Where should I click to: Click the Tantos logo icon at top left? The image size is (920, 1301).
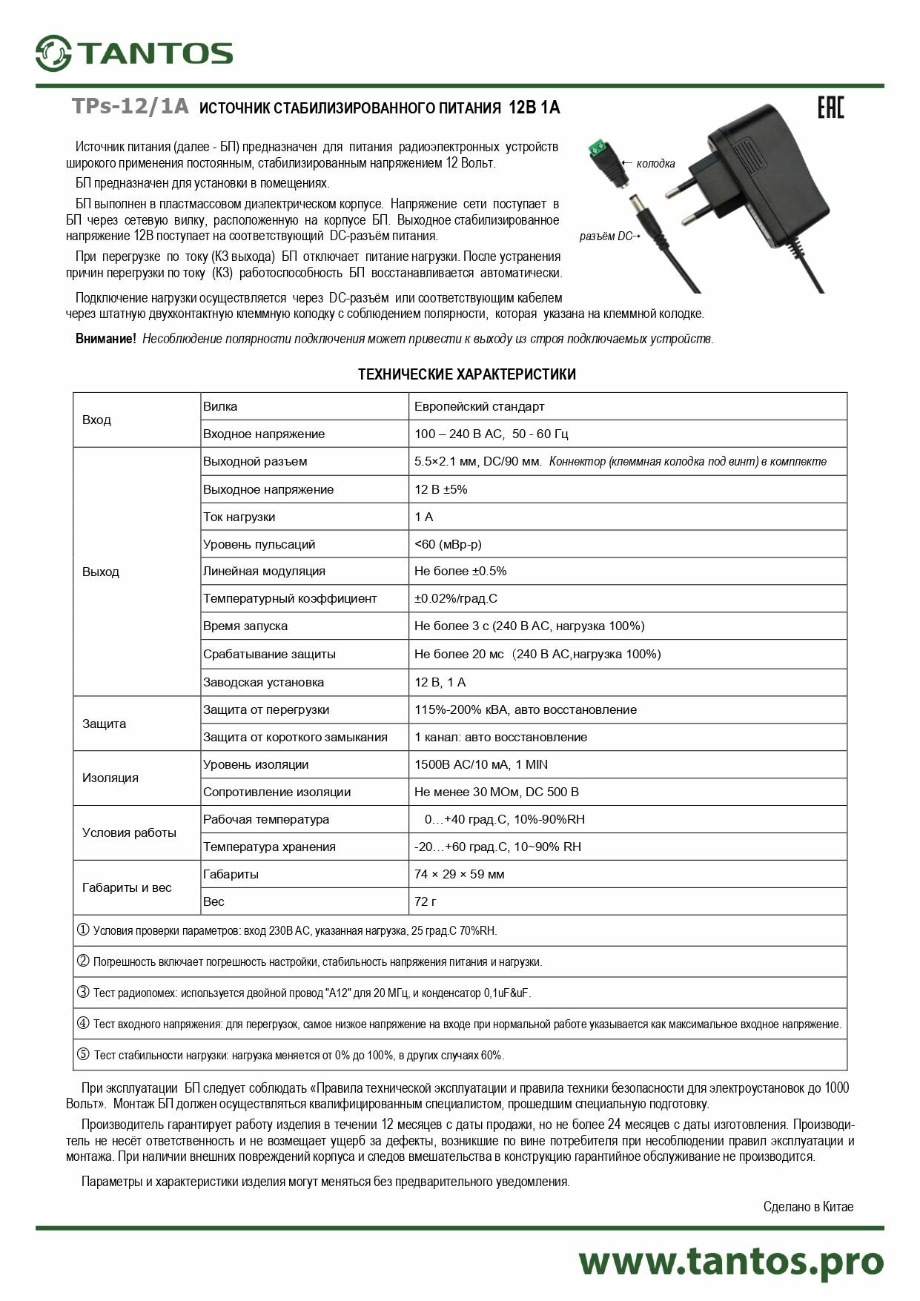coord(53,53)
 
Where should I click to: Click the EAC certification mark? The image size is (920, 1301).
coord(830,107)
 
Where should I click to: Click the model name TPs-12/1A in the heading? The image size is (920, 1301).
coord(130,107)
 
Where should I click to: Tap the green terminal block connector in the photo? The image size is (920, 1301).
coord(603,150)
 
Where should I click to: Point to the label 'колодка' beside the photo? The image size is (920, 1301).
coord(655,164)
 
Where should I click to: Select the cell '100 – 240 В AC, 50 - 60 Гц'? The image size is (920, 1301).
coord(491,434)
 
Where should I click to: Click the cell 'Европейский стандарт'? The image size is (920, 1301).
coord(479,406)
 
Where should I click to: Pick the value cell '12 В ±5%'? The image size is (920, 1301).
coord(440,489)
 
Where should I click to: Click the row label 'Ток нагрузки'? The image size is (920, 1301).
coord(239,517)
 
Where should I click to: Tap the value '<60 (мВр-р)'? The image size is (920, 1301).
coord(448,544)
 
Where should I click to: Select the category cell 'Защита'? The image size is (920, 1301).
coord(105,724)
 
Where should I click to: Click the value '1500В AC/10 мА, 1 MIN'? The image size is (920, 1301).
coord(480,764)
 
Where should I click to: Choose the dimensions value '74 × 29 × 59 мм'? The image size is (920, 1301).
coord(459,874)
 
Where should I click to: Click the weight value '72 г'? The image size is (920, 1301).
coord(426,901)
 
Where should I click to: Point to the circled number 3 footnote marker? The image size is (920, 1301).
coord(83,992)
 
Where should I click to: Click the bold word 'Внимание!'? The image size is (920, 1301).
coord(105,339)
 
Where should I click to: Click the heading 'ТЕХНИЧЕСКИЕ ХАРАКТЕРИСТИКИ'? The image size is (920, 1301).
coord(466,374)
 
